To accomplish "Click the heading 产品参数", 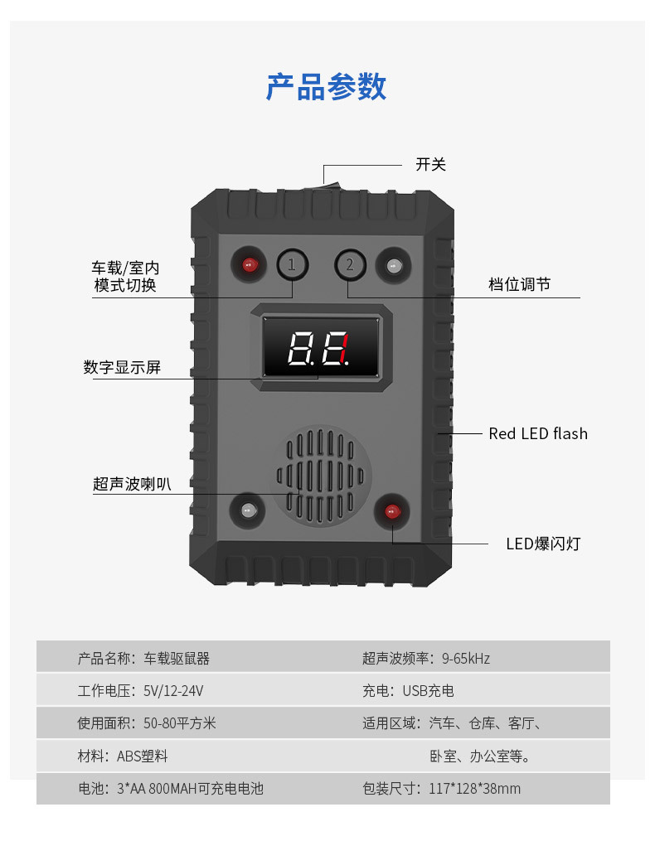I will pos(326,87).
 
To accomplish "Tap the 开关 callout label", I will pos(430,164).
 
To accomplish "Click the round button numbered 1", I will pos(291,264).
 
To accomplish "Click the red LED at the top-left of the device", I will pos(249,265).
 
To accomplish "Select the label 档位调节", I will pos(519,284).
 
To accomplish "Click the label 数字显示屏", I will pos(122,367).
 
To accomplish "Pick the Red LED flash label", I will pos(537,433).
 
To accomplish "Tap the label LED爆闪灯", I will pos(543,544).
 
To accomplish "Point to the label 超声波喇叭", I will pos(132,484).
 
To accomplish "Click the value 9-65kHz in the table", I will pos(466,659).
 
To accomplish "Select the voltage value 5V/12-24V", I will pos(173,691).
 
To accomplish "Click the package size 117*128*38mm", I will pos(475,789).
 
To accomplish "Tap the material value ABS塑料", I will pos(143,756).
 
